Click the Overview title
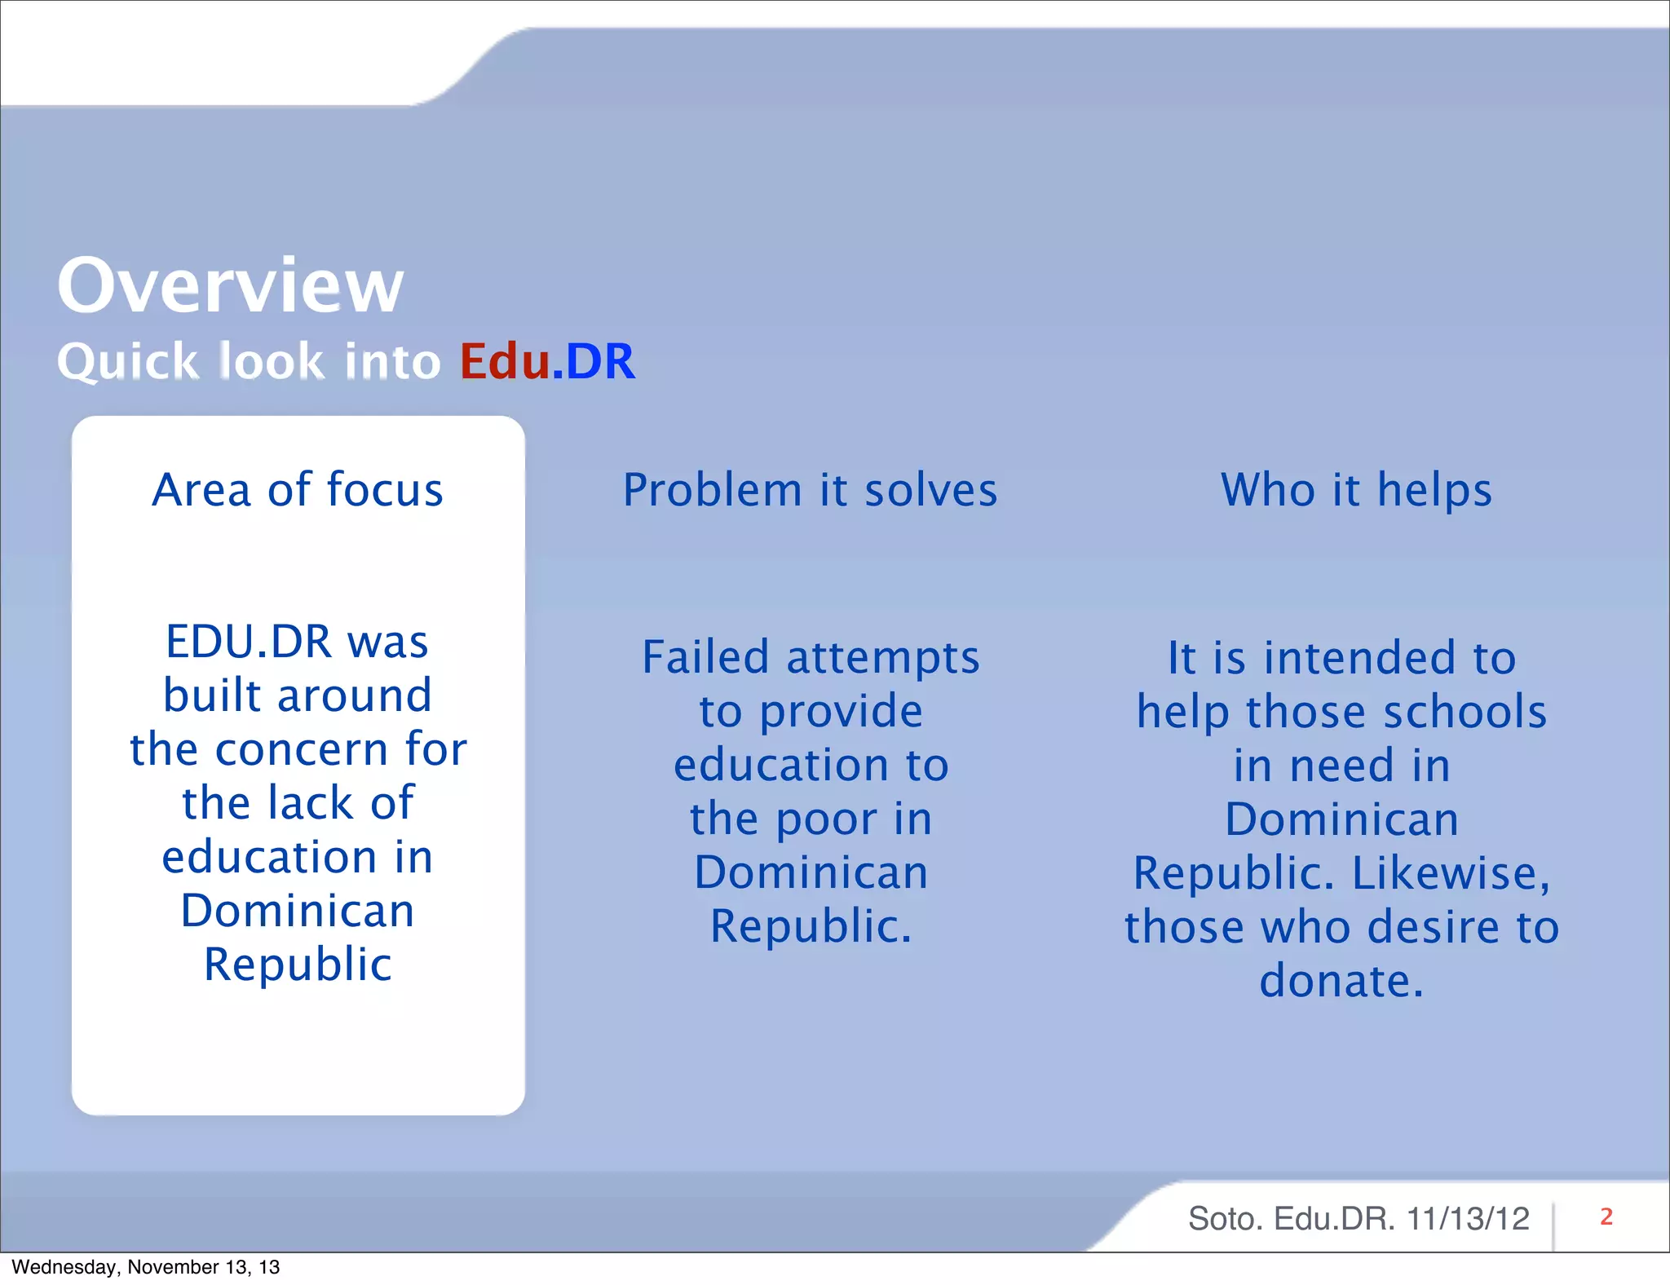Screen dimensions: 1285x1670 [x=230, y=285]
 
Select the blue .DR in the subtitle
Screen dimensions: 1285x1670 [x=594, y=361]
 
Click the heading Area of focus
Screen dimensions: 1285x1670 [x=298, y=490]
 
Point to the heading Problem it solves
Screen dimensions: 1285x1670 [x=810, y=490]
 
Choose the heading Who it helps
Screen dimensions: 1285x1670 [x=1356, y=490]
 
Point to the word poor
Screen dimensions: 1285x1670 [x=828, y=819]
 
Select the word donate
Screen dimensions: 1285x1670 [x=1341, y=981]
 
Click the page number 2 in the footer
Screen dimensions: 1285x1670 [x=1606, y=1217]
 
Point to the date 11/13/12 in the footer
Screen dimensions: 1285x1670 [x=1468, y=1219]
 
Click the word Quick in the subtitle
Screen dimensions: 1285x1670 [x=128, y=361]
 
